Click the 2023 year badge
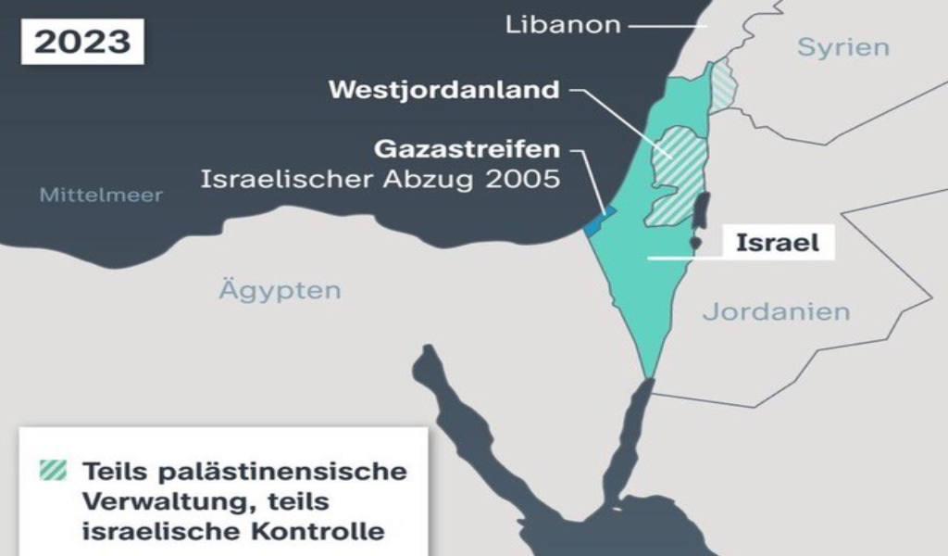click(82, 42)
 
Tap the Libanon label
click(562, 24)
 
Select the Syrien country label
click(842, 47)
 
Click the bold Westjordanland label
click(444, 90)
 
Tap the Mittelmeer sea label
click(101, 195)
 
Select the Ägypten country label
click(280, 290)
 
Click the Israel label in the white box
click(778, 243)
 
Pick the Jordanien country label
click(776, 311)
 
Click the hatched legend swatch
click(54, 471)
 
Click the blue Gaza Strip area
click(596, 222)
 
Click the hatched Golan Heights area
click(723, 86)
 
